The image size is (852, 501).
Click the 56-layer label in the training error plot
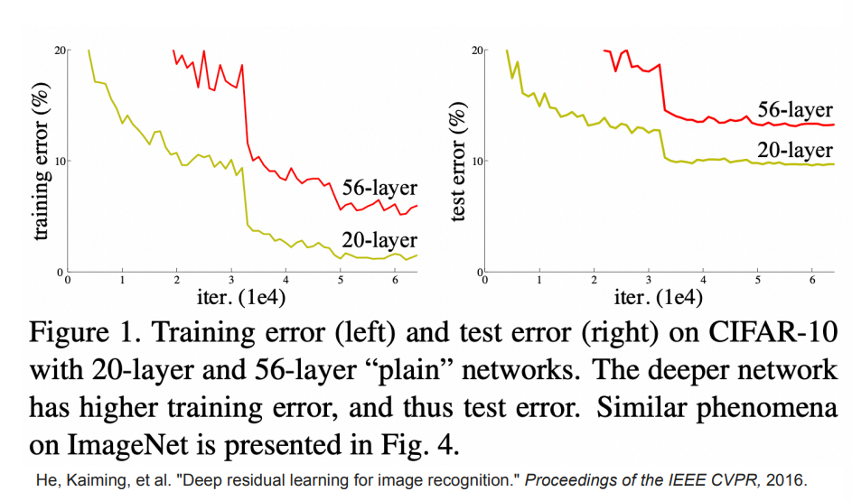pos(379,188)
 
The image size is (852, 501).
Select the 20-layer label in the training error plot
pos(379,239)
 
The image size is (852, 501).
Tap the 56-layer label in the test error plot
pos(795,109)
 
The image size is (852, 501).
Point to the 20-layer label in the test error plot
pos(795,150)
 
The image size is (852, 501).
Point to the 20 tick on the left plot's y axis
pos(60,50)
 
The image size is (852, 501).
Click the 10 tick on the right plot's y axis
pos(478,161)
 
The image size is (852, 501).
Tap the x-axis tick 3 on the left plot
pos(231,280)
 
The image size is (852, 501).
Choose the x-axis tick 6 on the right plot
pos(813,280)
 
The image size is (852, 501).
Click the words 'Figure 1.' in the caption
pos(81,331)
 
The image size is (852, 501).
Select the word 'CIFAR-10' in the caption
pos(779,331)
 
